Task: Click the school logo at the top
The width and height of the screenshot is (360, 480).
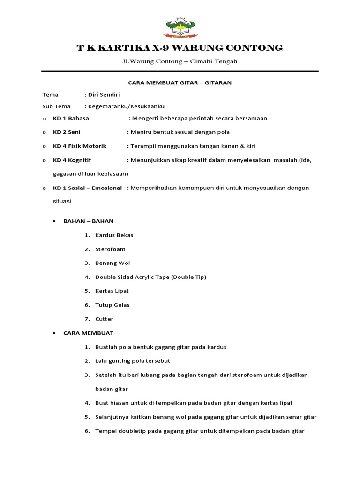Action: [180, 27]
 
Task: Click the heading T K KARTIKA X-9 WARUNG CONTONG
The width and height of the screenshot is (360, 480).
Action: [180, 48]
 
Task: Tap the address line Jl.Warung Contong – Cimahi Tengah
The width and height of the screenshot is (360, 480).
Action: [180, 61]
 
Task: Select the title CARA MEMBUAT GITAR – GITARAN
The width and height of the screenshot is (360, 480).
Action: [180, 82]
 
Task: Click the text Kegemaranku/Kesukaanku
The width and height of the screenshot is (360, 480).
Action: [126, 106]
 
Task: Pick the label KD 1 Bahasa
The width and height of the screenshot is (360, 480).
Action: [71, 118]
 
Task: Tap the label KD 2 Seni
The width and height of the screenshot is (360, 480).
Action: [67, 132]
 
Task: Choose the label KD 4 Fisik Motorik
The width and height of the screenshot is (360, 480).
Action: [80, 146]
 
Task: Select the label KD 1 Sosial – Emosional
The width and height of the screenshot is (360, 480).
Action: [87, 188]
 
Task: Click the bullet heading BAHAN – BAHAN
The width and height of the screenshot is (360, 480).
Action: [89, 221]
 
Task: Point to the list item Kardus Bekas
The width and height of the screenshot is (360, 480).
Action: [114, 235]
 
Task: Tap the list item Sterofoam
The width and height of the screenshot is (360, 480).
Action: [110, 249]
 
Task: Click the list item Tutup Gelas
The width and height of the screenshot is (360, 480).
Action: [112, 305]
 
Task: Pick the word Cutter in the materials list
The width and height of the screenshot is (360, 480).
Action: [104, 319]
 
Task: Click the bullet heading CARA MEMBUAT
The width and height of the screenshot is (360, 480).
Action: [89, 333]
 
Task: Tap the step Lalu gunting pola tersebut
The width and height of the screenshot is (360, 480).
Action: [133, 361]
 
